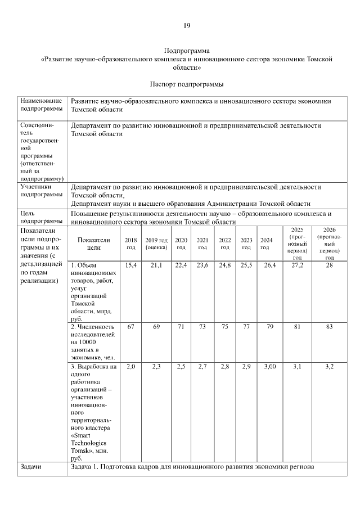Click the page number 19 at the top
187,25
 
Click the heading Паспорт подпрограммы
187,84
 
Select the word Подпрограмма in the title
187,51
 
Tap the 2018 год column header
130,244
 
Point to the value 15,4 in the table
130,265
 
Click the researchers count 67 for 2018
130,327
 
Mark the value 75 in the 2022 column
224,327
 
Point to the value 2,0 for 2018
130,367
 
